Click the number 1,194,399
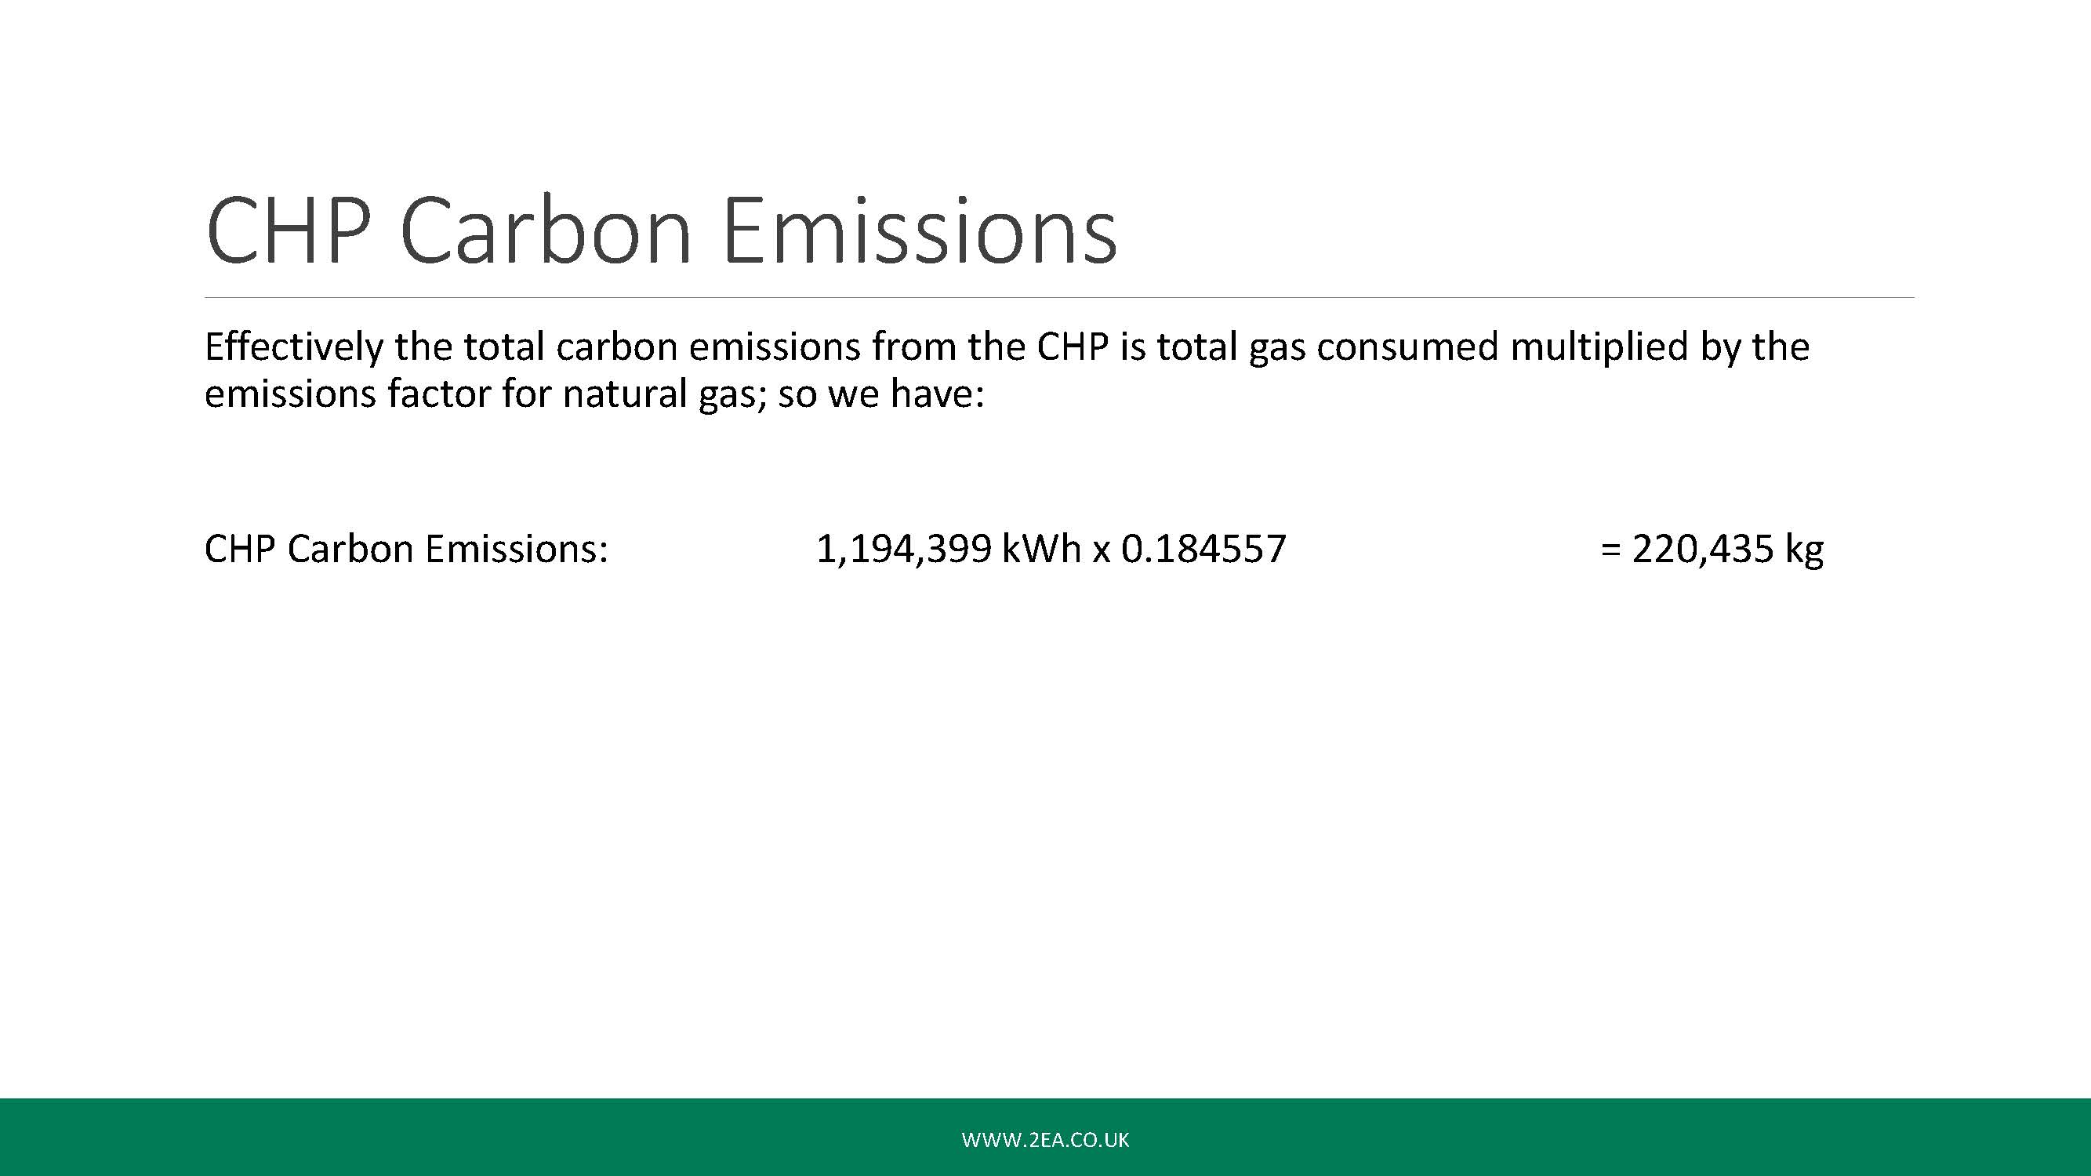[903, 550]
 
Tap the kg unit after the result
[1803, 551]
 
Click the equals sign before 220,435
[1610, 550]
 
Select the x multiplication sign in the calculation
[1101, 552]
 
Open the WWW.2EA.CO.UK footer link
[1046, 1139]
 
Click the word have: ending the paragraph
[938, 394]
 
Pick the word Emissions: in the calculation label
[516, 550]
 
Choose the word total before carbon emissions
[503, 347]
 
